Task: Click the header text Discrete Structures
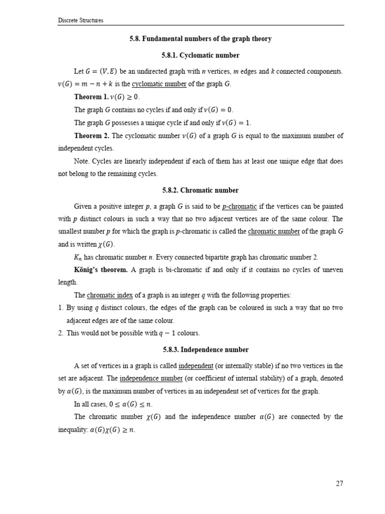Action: click(x=81, y=21)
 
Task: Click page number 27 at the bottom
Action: click(x=339, y=483)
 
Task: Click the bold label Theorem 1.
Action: click(x=91, y=97)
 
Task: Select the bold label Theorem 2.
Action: click(x=91, y=136)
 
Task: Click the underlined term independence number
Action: click(x=149, y=378)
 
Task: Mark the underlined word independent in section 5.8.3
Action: click(x=196, y=365)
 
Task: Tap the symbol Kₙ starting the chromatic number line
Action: click(x=78, y=258)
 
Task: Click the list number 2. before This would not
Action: click(x=61, y=333)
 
